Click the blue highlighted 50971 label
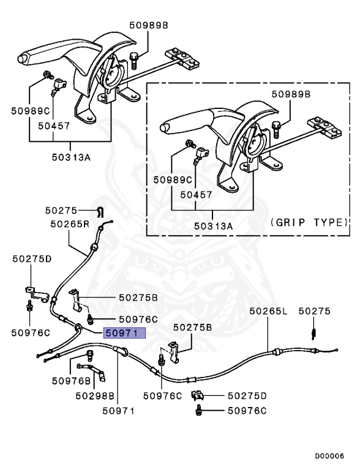[x=125, y=334]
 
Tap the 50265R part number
[x=69, y=224]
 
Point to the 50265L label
[x=268, y=311]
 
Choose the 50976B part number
[x=71, y=381]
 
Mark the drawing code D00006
[x=329, y=456]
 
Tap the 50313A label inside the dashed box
[x=213, y=226]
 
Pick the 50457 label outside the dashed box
[x=53, y=125]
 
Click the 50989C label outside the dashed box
[x=30, y=111]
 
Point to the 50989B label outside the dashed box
[x=148, y=25]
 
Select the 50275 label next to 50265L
[x=315, y=311]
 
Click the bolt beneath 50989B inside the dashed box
[x=276, y=129]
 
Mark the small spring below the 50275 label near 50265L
[x=314, y=332]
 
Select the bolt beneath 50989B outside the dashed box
[x=133, y=59]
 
